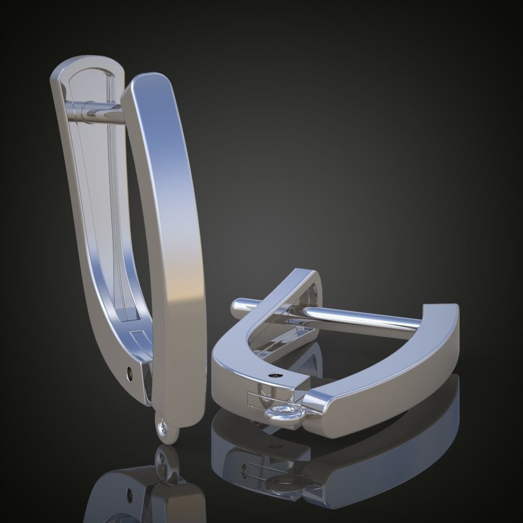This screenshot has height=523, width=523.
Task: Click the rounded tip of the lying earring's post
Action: (237, 307)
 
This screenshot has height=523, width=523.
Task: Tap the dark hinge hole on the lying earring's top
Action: (276, 375)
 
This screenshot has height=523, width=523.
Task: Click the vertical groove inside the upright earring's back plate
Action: (112, 204)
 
